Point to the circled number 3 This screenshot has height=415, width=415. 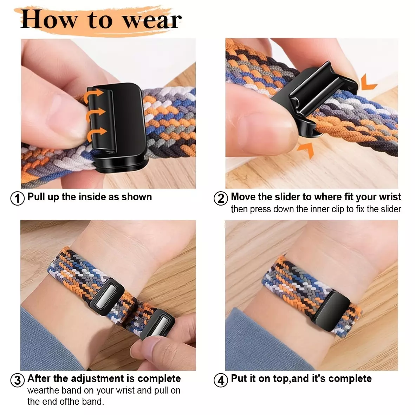click(18, 380)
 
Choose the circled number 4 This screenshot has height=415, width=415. click(221, 380)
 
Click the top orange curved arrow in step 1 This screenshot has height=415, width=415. click(93, 95)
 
